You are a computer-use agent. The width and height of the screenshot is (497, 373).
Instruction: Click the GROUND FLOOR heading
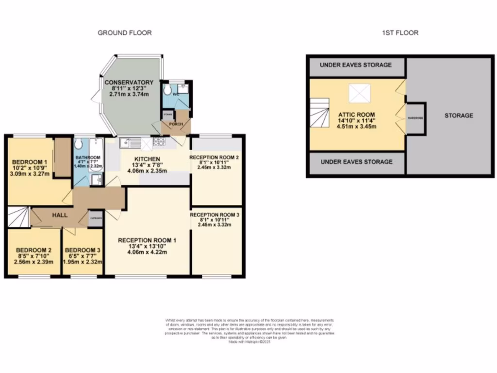click(x=125, y=33)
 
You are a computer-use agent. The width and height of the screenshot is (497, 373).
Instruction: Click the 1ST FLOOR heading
click(x=400, y=33)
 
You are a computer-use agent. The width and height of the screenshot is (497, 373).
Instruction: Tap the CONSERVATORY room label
click(x=129, y=82)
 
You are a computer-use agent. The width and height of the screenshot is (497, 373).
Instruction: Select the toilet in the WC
click(x=167, y=90)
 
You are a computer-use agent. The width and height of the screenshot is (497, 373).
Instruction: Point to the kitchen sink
click(x=126, y=142)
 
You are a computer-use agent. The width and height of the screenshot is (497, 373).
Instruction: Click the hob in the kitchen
click(x=159, y=142)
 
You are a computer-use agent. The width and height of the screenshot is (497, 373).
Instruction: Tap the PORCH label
click(x=176, y=124)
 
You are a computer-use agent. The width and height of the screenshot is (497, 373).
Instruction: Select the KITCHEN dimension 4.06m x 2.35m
click(x=147, y=171)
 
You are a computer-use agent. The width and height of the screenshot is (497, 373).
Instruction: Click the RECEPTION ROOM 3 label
click(x=215, y=215)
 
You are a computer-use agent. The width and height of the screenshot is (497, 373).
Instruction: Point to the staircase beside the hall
click(x=18, y=217)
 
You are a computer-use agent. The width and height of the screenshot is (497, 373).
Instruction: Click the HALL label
click(x=60, y=215)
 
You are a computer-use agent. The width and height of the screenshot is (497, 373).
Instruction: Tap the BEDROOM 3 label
click(x=83, y=251)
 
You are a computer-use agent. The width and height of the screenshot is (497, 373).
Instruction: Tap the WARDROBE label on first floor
click(x=415, y=117)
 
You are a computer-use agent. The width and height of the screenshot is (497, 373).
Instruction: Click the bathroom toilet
click(x=79, y=145)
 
